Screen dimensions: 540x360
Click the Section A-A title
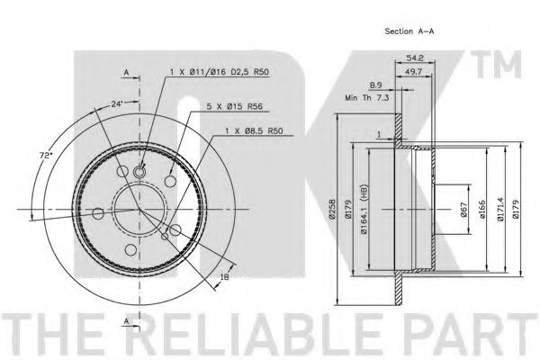tap(409, 31)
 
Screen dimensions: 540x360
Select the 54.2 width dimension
tap(415, 58)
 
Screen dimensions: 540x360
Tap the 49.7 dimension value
tap(413, 72)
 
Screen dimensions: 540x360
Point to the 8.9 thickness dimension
tap(375, 85)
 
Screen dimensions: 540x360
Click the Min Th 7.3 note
tap(367, 98)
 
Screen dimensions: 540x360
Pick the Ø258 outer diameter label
tap(332, 209)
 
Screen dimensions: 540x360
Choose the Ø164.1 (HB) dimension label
tap(364, 209)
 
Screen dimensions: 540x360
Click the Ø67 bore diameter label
tap(463, 209)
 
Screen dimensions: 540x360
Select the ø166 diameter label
tap(481, 209)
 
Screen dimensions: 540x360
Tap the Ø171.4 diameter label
tap(500, 209)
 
